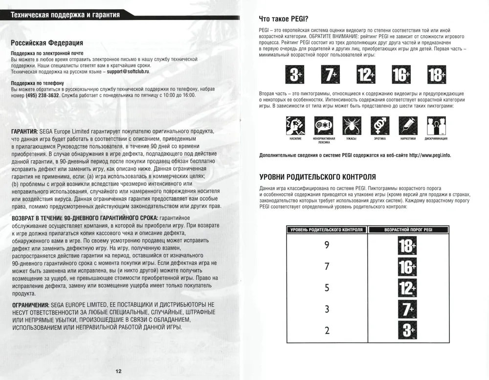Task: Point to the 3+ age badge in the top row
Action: pos(294,75)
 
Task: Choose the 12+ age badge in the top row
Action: pos(365,75)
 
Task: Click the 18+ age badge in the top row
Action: pos(436,75)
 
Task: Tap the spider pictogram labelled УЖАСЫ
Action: pos(351,126)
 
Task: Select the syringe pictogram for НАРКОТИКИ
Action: pos(407,126)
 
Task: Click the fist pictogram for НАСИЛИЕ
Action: pos(295,126)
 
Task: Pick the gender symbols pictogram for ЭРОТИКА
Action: pos(379,126)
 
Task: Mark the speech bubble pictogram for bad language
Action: pos(323,126)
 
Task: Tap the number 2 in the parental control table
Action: pos(327,330)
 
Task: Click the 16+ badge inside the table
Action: pos(406,267)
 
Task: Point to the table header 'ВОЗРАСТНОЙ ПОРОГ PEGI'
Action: pos(408,229)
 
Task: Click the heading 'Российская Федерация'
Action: pos(47,43)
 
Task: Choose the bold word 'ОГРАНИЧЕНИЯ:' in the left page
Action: pos(29,305)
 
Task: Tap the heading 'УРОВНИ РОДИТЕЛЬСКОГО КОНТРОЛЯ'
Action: pos(317,177)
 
